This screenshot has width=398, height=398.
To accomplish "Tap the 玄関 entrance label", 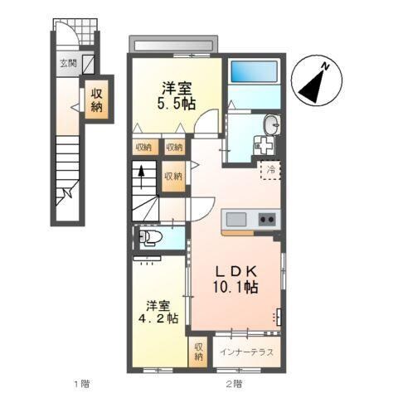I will [x=67, y=61].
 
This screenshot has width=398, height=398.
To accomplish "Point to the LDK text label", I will [x=234, y=271].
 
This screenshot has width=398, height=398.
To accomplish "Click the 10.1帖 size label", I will [x=234, y=288].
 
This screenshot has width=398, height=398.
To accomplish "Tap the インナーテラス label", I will [x=249, y=352].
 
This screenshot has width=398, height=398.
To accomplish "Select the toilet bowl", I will [x=150, y=238].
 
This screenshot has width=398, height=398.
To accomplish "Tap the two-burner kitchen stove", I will [x=267, y=219].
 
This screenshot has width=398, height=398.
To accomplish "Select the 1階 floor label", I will [x=80, y=383].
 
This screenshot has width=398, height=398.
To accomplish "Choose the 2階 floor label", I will [x=233, y=383].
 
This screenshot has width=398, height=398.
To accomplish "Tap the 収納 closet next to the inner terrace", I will [x=199, y=351].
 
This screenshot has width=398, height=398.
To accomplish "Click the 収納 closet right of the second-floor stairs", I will [x=172, y=176].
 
